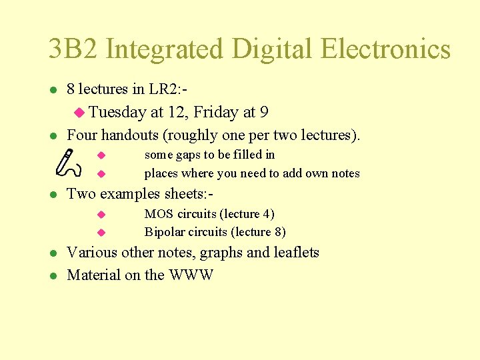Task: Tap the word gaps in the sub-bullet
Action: (x=187, y=155)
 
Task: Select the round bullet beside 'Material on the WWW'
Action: (x=53, y=275)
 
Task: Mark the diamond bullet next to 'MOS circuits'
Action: (x=101, y=214)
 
